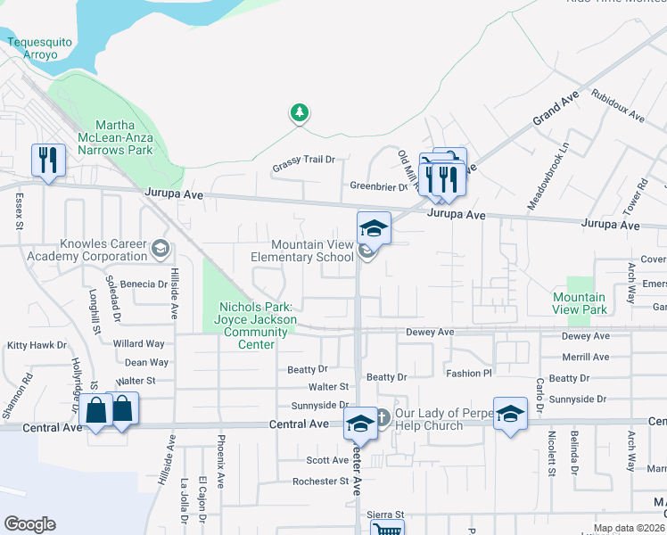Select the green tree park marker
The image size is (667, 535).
click(301, 113)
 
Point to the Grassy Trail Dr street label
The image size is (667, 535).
click(303, 160)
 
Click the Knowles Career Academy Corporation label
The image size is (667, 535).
click(103, 250)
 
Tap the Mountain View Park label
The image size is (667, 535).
click(579, 303)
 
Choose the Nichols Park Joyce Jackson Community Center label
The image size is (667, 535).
click(256, 325)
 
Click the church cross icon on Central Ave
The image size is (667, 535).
click(382, 416)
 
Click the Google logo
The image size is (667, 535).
click(29, 524)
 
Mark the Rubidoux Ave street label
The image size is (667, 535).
click(617, 110)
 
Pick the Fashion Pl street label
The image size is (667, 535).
click(469, 374)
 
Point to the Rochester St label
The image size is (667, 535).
click(320, 481)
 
